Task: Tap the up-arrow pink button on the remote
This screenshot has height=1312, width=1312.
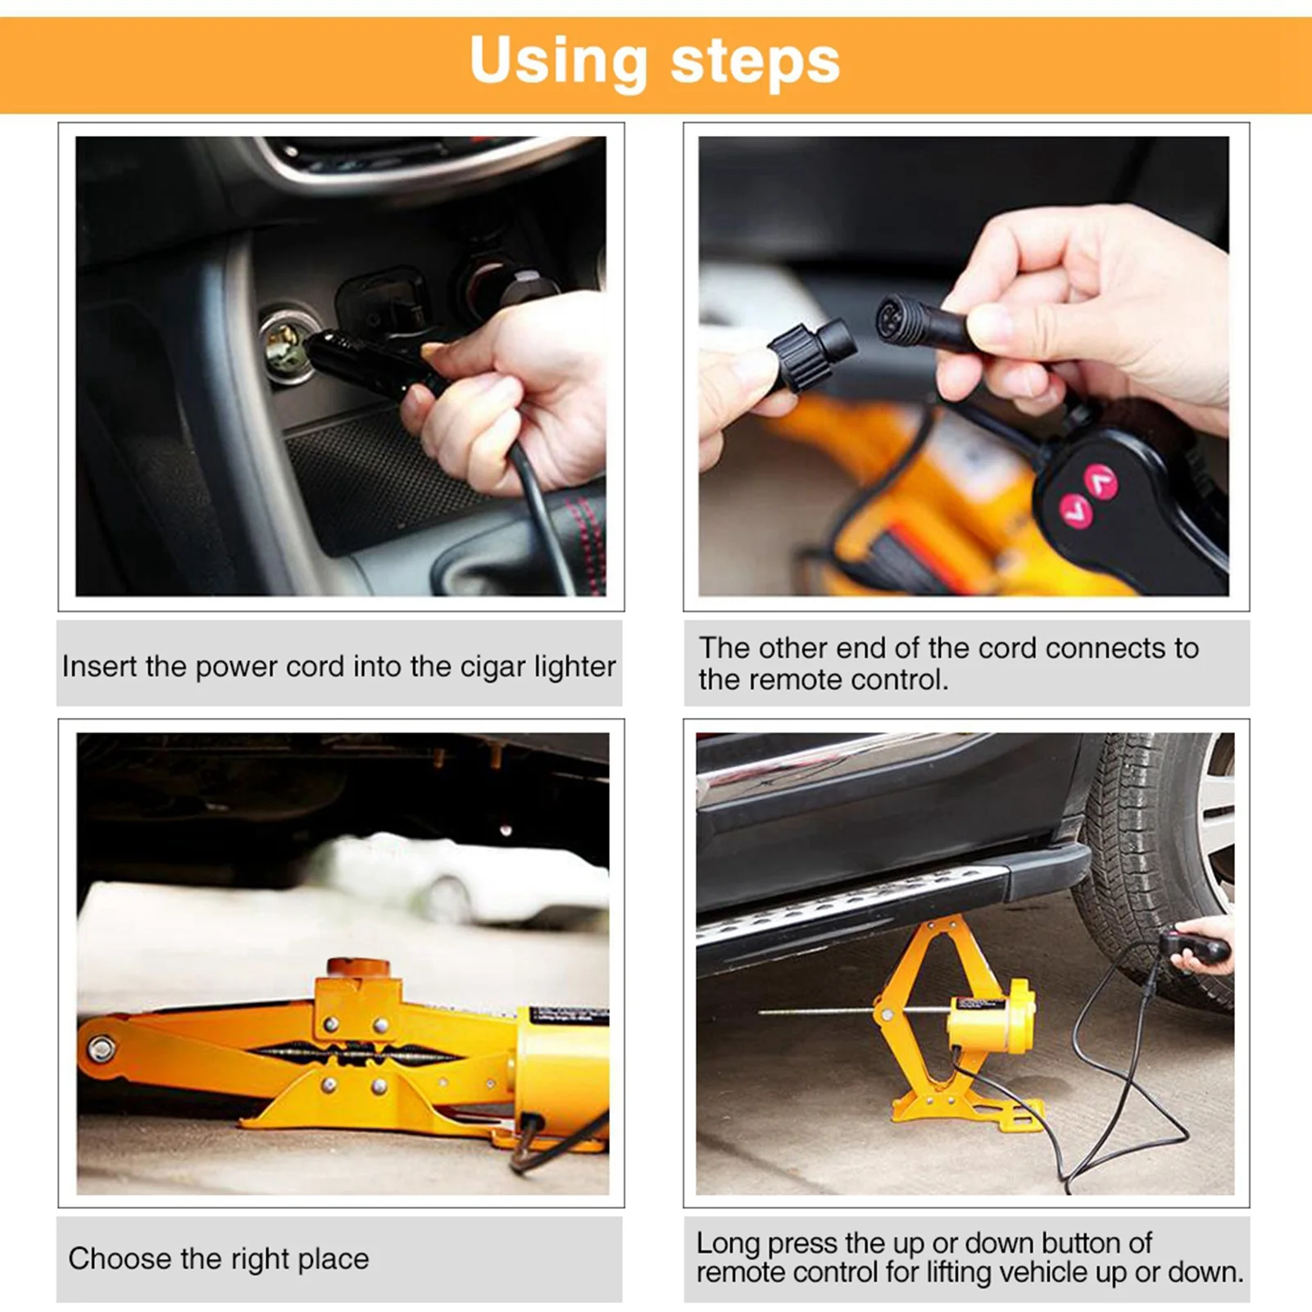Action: click(x=1101, y=481)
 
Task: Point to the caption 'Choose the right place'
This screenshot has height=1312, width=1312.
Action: click(x=219, y=1259)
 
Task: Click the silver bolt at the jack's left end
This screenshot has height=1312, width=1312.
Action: click(x=102, y=1048)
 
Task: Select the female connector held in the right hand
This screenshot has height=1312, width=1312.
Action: click(x=914, y=320)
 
